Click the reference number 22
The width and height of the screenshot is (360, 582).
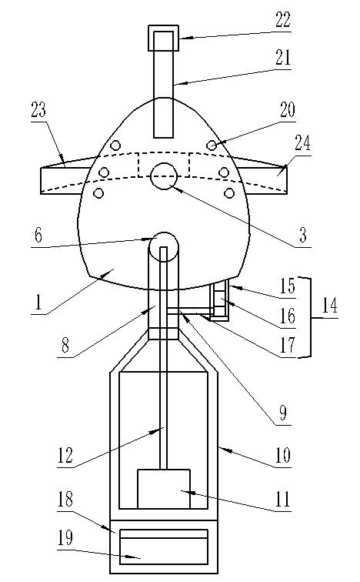pos(283,20)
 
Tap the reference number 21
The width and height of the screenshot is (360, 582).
pos(283,58)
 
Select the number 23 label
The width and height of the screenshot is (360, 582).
pos(38,110)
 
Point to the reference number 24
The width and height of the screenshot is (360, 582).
pos(302,143)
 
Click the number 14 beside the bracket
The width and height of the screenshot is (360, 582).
pos(329,306)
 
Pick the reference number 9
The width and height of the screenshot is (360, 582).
pos(283,413)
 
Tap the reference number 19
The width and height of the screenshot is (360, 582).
pos(65,538)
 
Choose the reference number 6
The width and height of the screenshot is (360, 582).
pos(38,236)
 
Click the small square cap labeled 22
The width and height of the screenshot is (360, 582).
pos(164,38)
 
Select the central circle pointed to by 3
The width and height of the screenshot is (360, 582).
pos(164,176)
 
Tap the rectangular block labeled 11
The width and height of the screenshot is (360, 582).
pos(164,489)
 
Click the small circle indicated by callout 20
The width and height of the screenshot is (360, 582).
pos(212,145)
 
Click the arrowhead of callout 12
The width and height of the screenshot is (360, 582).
pos(158,430)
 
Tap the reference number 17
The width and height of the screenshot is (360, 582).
pos(288,344)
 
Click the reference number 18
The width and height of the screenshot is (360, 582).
pos(65,499)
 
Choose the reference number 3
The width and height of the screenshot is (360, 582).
pos(303,235)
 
